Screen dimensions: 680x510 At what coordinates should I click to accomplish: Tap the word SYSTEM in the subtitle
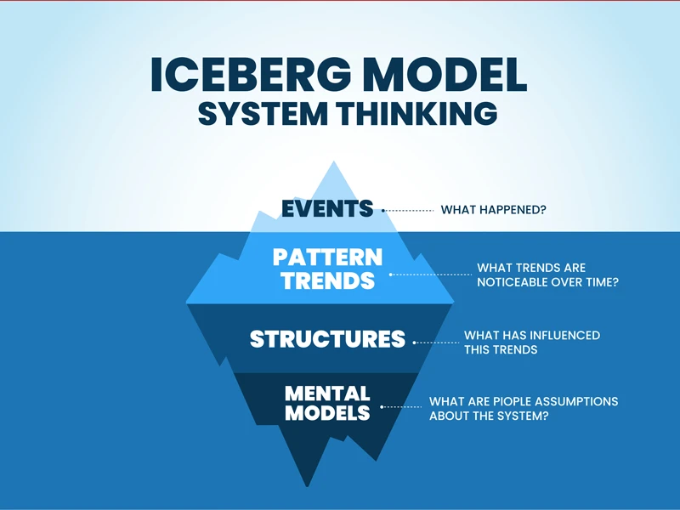pyautogui.click(x=263, y=113)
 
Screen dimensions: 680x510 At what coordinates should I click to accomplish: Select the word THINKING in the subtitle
pyautogui.click(x=417, y=113)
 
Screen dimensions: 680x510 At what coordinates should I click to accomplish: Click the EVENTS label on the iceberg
pyautogui.click(x=327, y=208)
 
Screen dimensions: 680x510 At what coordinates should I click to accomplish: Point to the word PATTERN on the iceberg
pyautogui.click(x=327, y=258)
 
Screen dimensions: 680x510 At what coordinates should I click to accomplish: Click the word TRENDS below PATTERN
pyautogui.click(x=327, y=280)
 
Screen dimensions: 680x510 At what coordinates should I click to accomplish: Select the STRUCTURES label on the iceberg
pyautogui.click(x=327, y=338)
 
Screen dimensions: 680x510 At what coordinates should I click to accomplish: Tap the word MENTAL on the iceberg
pyautogui.click(x=327, y=394)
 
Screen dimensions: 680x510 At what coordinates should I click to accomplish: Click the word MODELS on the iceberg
pyautogui.click(x=327, y=412)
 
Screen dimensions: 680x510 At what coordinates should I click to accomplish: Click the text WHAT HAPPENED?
pyautogui.click(x=494, y=210)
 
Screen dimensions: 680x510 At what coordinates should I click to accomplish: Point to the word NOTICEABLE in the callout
pyautogui.click(x=513, y=282)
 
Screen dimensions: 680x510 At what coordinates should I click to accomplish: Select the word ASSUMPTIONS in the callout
pyautogui.click(x=576, y=401)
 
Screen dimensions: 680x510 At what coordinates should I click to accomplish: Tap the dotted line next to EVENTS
pyautogui.click(x=408, y=211)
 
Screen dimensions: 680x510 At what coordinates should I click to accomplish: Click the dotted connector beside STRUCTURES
pyautogui.click(x=436, y=343)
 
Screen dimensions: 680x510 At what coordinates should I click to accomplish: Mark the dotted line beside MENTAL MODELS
pyautogui.click(x=401, y=407)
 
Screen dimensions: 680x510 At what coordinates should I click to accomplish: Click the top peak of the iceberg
pyautogui.click(x=333, y=161)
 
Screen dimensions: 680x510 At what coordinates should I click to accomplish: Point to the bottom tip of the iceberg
pyautogui.click(x=308, y=486)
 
